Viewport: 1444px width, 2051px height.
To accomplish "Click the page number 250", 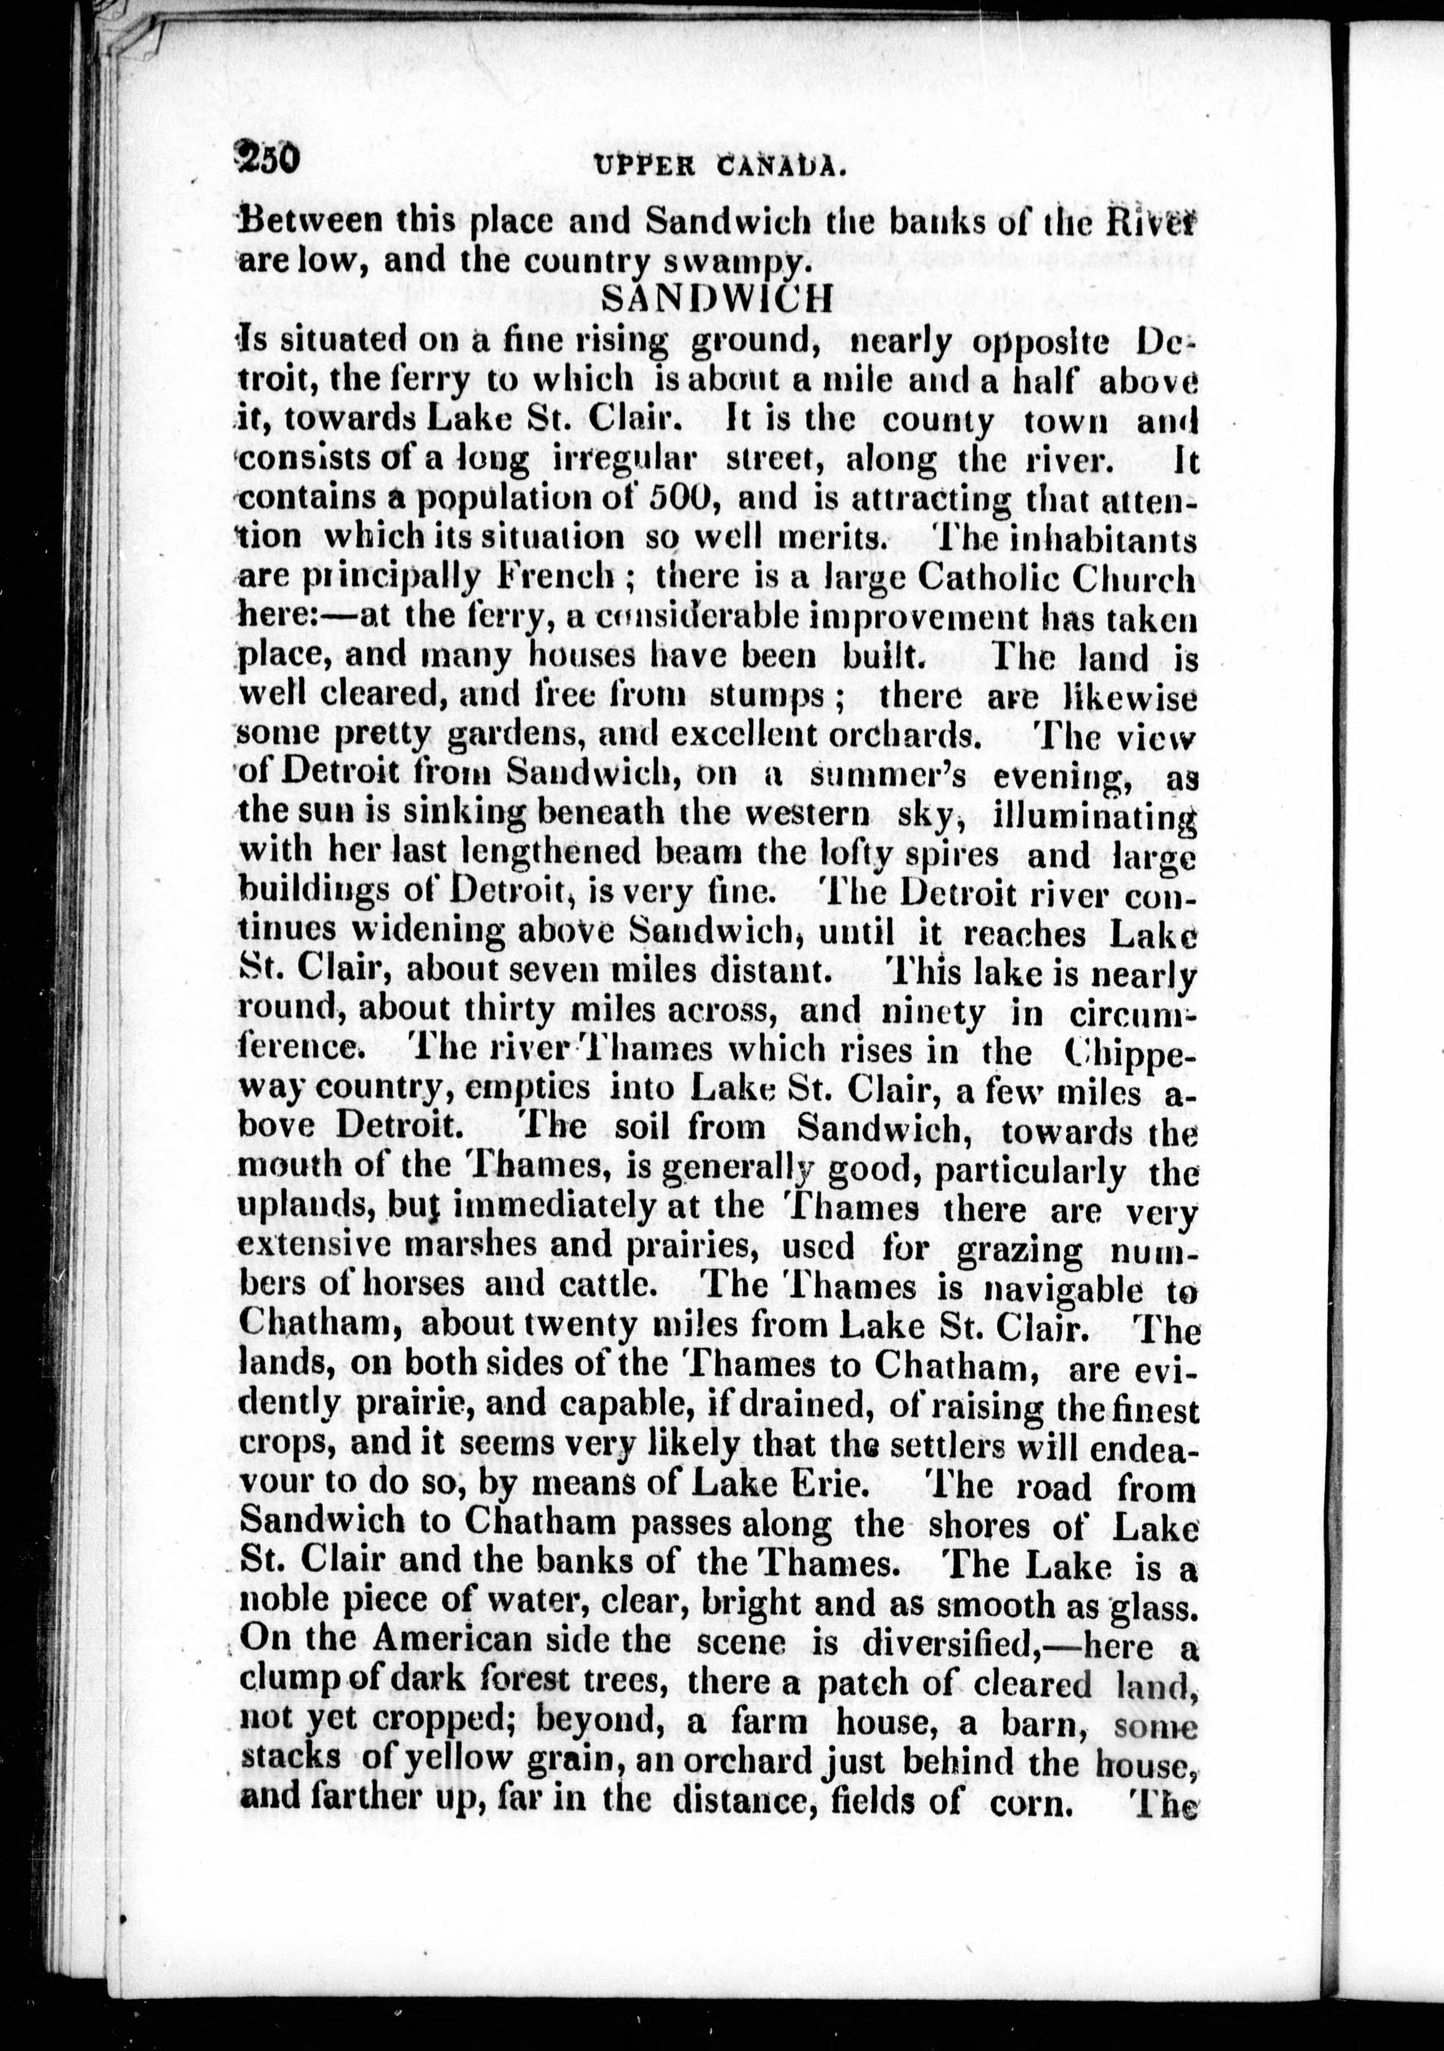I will (x=266, y=160).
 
